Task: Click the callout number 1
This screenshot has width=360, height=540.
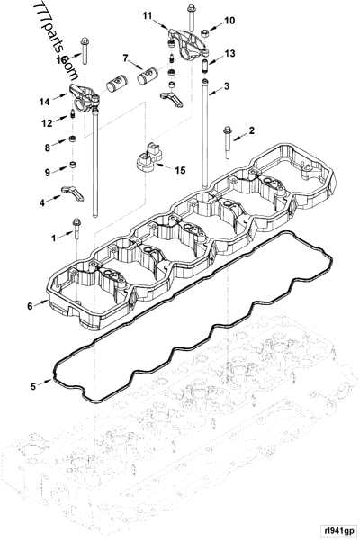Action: click(53, 238)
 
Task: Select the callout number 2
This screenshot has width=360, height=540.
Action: click(252, 131)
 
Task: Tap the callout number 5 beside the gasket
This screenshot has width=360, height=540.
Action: click(33, 386)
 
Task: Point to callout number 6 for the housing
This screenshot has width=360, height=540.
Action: click(31, 306)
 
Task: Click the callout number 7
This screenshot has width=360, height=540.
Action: click(126, 58)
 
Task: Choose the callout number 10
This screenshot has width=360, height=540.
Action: click(229, 20)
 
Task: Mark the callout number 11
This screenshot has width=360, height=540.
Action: click(148, 15)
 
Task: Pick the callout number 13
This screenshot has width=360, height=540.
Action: click(230, 55)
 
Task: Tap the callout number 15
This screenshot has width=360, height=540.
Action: click(181, 170)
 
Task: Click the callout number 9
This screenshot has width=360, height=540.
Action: click(49, 172)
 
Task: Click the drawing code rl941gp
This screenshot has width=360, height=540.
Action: click(335, 531)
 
